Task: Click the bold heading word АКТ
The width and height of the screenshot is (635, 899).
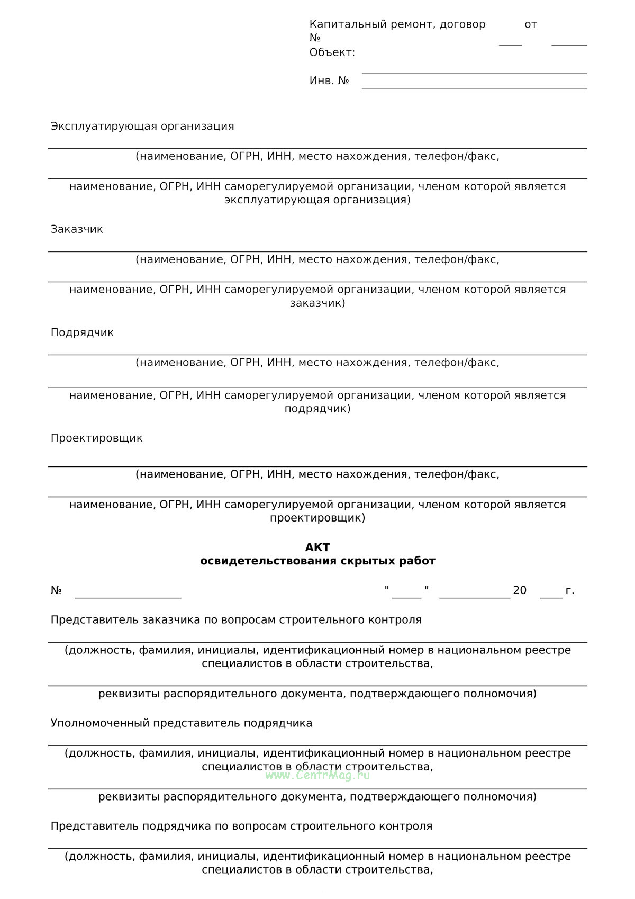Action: pyautogui.click(x=317, y=547)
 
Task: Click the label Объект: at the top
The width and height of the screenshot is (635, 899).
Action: pyautogui.click(x=332, y=52)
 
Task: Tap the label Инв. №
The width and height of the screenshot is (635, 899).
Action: pyautogui.click(x=329, y=80)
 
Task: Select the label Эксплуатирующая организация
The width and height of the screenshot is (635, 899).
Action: pyautogui.click(x=142, y=126)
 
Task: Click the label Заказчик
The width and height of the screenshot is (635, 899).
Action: pyautogui.click(x=77, y=229)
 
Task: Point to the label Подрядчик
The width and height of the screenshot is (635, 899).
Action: pyautogui.click(x=82, y=332)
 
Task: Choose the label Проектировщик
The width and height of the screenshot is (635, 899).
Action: pyautogui.click(x=96, y=438)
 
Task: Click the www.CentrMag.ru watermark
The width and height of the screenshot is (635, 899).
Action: pyautogui.click(x=317, y=775)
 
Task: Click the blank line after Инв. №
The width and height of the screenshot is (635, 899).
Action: pyautogui.click(x=474, y=88)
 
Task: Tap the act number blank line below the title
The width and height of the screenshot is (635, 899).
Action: pyautogui.click(x=128, y=597)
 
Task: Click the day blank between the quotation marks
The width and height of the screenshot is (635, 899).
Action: pyautogui.click(x=406, y=596)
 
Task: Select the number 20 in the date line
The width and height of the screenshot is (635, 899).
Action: pyautogui.click(x=520, y=590)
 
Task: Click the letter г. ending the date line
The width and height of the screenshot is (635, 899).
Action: pyautogui.click(x=570, y=590)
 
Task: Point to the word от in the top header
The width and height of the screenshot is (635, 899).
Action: pyautogui.click(x=531, y=24)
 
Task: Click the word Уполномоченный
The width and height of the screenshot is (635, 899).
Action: pyautogui.click(x=100, y=723)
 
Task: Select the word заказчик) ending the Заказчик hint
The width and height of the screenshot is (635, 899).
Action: pyautogui.click(x=317, y=303)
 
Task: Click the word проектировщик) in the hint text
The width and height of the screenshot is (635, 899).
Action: pyautogui.click(x=317, y=518)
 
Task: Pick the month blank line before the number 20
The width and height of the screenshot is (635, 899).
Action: pyautogui.click(x=475, y=596)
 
